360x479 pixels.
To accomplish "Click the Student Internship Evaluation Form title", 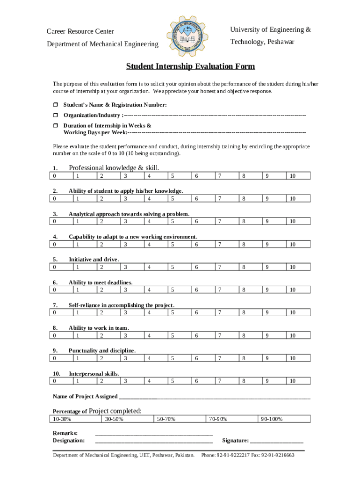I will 190,66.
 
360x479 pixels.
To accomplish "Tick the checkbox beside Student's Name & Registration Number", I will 55,104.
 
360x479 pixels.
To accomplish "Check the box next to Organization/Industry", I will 55,115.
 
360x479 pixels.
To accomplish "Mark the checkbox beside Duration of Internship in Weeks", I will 55,126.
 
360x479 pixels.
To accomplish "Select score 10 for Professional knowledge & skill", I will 292,176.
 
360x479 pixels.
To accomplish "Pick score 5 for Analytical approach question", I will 173,221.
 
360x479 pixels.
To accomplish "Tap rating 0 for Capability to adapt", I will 55,244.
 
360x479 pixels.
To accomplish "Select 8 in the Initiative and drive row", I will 244,267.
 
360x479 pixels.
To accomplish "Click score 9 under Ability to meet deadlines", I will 267,290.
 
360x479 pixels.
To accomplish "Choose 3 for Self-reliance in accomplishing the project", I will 125,312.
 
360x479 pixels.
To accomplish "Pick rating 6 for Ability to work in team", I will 196,335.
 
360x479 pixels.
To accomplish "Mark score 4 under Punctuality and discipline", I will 149,358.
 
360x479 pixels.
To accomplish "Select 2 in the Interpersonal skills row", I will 101,381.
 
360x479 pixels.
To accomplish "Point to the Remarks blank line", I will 154,433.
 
